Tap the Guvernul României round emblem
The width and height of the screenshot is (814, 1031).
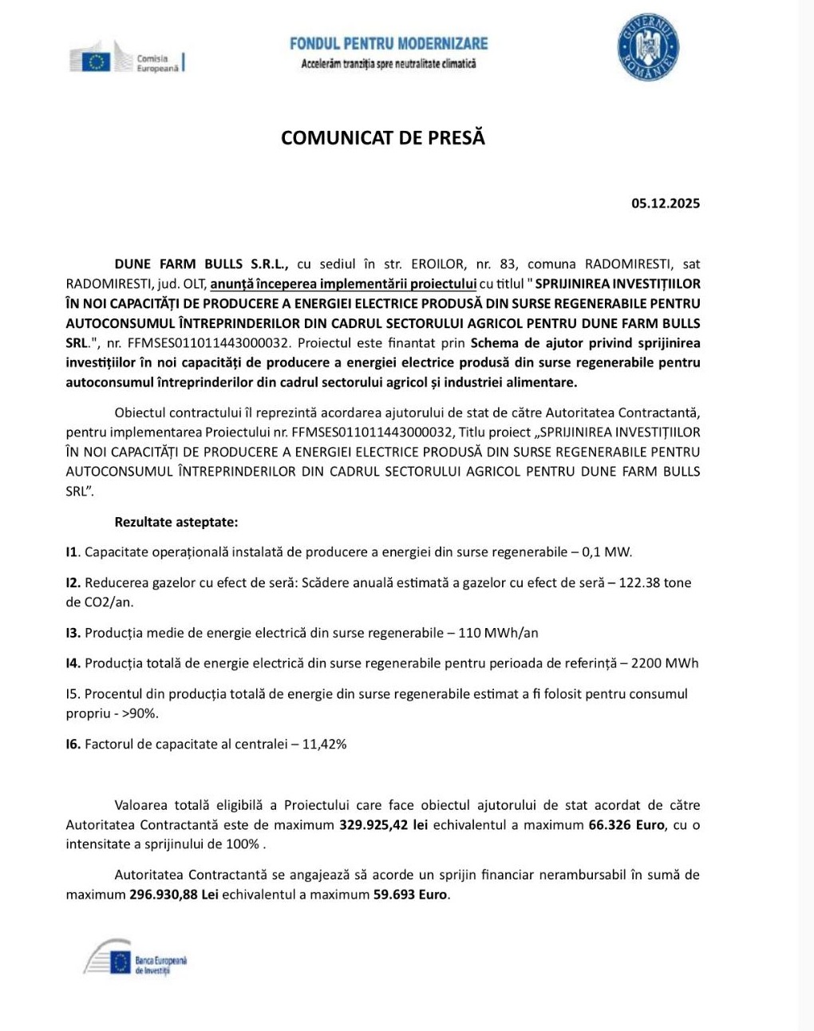coord(647,49)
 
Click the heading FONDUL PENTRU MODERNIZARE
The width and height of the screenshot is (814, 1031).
coord(389,43)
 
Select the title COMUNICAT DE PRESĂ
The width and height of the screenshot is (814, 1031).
coord(383,138)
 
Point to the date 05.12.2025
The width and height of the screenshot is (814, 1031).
coord(666,203)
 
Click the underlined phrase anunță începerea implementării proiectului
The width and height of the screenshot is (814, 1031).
coord(343,284)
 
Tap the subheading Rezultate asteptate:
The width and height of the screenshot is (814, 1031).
coord(176,523)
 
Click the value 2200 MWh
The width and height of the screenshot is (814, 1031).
coord(664,663)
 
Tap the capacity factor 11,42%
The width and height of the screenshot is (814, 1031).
coord(324,745)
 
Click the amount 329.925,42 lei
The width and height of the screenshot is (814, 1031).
coord(384,825)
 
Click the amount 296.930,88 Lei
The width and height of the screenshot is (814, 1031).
coord(174,895)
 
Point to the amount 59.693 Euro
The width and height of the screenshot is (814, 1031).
coord(410,895)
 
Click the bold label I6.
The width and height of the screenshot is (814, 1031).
coord(73,745)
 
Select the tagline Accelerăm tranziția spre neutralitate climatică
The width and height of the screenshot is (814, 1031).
coord(388,64)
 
